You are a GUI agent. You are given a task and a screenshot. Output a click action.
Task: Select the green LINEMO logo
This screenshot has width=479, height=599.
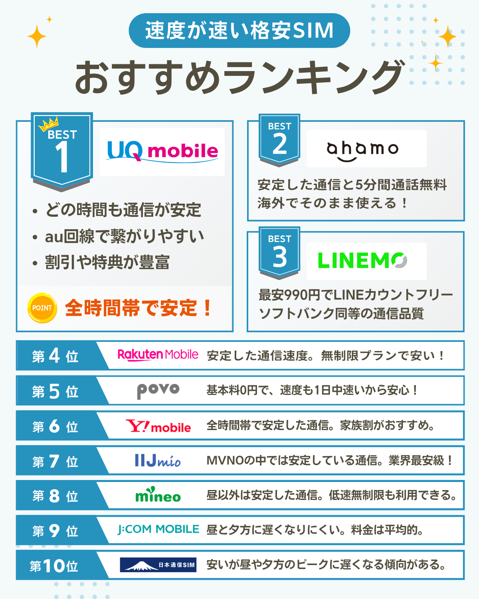(362, 261)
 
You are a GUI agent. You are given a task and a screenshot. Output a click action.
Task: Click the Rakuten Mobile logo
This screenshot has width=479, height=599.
(158, 355)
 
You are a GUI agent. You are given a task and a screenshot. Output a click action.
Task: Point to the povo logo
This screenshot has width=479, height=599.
(158, 390)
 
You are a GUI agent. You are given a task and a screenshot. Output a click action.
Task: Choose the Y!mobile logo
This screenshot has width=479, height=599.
(158, 426)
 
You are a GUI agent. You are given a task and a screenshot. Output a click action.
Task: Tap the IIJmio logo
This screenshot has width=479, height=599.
(158, 461)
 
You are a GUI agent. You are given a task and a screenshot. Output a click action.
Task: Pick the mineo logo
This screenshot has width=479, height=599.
(158, 495)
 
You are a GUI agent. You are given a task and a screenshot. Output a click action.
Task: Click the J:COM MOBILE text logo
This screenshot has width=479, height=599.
(158, 530)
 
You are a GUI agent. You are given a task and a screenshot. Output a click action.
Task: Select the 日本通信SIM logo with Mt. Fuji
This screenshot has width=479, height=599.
(158, 565)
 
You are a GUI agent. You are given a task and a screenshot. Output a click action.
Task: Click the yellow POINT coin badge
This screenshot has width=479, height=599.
(42, 308)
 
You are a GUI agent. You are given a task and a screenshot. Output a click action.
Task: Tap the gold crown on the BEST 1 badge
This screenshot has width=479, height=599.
(49, 124)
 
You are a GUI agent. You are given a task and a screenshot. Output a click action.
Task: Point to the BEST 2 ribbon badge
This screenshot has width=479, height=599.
(279, 139)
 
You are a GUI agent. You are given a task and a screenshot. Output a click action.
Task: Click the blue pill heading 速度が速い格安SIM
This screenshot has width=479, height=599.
(239, 31)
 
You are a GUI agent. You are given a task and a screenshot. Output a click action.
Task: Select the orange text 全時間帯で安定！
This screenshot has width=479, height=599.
(138, 308)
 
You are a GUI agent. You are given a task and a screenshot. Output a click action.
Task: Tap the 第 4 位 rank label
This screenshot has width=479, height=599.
(55, 355)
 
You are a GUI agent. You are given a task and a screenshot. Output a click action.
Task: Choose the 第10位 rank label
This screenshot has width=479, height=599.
(54, 565)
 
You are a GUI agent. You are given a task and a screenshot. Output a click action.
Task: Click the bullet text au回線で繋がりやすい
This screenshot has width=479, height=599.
(124, 236)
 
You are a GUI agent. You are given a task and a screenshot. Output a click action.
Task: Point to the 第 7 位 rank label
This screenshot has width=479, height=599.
(55, 462)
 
